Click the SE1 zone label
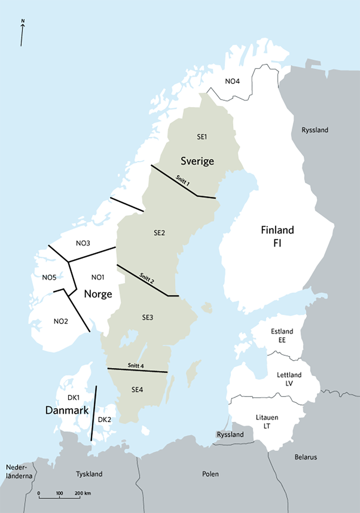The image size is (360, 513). [202, 137]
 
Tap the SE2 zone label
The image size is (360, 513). [159, 233]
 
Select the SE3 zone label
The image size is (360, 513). [147, 317]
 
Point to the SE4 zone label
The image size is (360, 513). [137, 390]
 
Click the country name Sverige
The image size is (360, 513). [197, 161]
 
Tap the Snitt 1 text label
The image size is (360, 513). [183, 181]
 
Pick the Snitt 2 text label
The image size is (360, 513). [147, 278]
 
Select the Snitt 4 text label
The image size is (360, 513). [136, 366]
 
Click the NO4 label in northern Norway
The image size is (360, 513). [232, 81]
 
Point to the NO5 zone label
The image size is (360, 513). [49, 278]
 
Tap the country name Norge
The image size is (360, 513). [98, 294]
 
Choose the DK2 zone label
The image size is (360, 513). [104, 420]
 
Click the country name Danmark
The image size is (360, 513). [67, 411]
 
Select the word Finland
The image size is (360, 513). [277, 230]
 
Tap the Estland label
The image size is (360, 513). [282, 331]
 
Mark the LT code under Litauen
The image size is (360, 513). [267, 426]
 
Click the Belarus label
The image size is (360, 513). [306, 457]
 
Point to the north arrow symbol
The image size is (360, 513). [22, 33]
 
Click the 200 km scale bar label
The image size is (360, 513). [82, 493]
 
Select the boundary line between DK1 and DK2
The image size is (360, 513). [94, 413]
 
